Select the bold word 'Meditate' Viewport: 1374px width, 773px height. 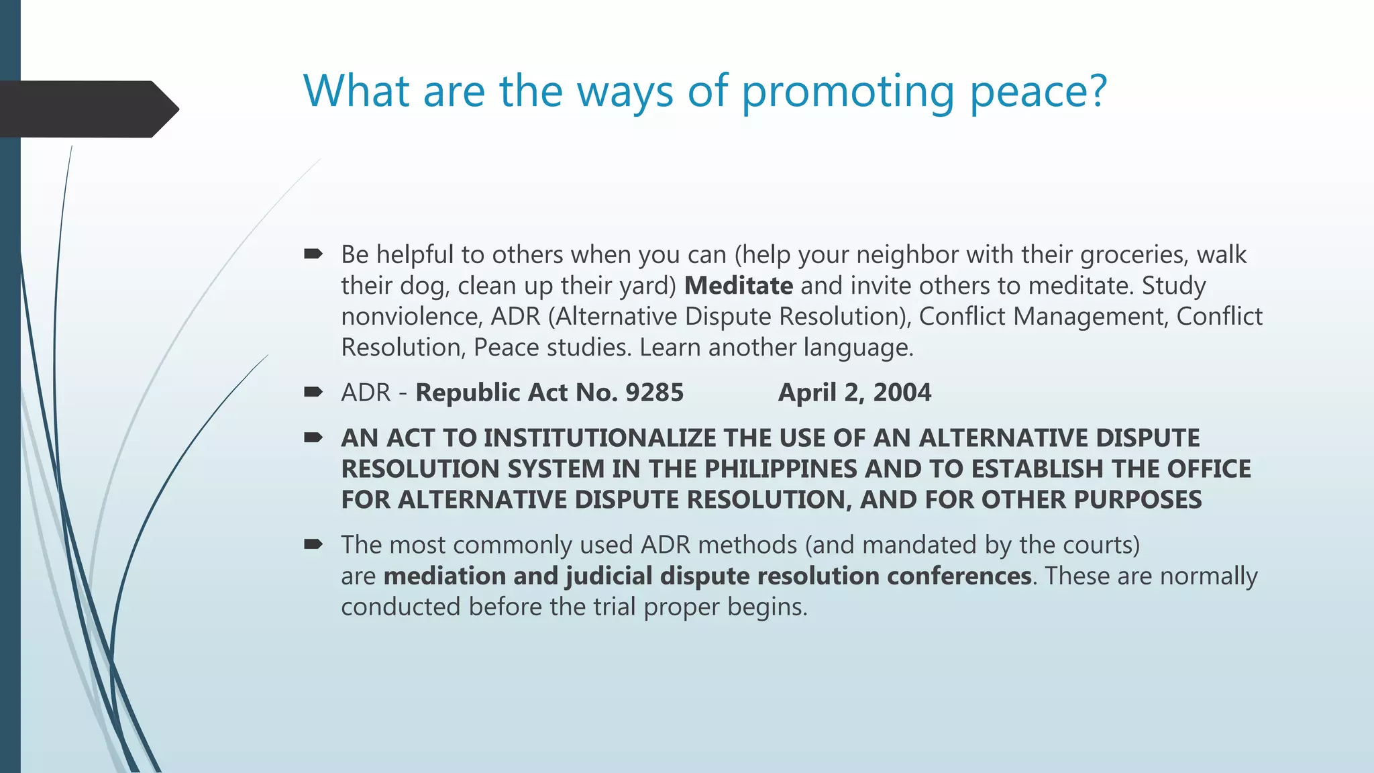(x=738, y=286)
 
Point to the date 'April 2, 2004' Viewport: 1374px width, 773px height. (x=854, y=393)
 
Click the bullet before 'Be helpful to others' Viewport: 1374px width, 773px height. (x=313, y=254)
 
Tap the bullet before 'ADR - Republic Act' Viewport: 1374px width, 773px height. (x=313, y=392)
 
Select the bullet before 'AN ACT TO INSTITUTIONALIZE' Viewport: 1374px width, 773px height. (x=313, y=437)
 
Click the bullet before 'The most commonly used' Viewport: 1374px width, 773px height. (x=313, y=544)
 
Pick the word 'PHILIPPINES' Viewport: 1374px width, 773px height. (x=780, y=469)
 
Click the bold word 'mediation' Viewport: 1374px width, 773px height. (x=444, y=576)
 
